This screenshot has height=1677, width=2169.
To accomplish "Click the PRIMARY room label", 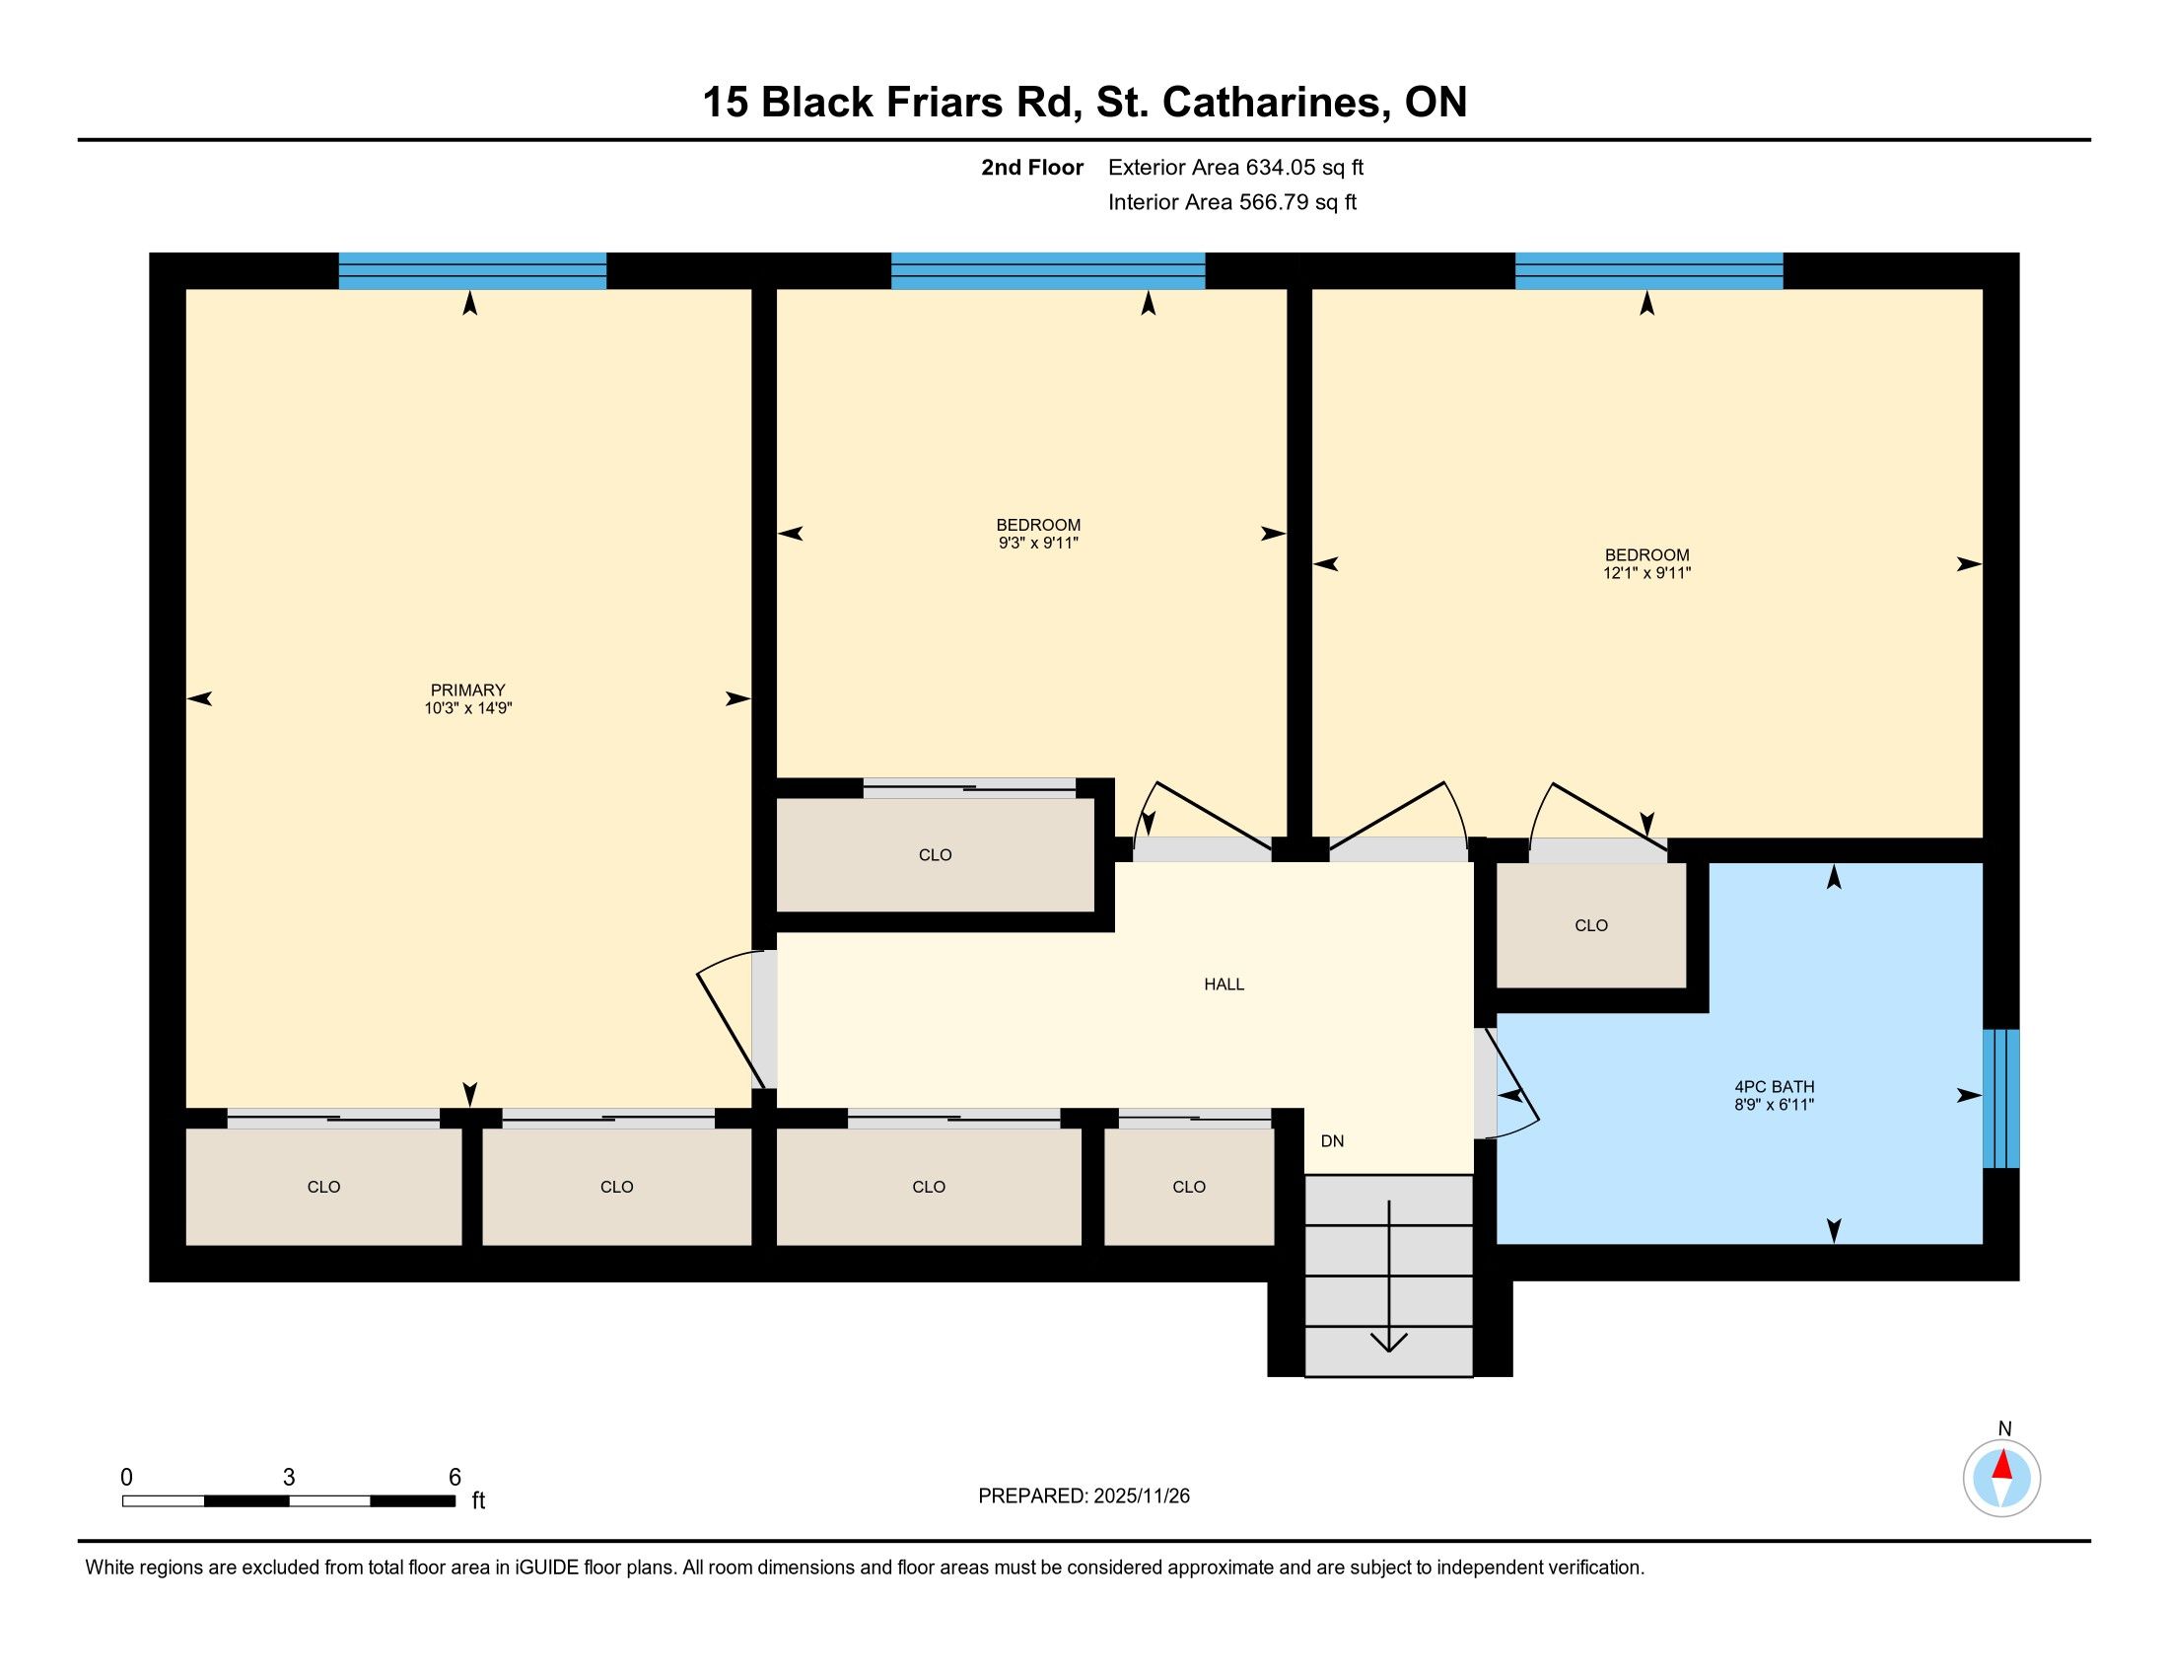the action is coord(467,690).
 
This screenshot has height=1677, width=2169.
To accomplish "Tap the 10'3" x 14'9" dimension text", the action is coord(467,708).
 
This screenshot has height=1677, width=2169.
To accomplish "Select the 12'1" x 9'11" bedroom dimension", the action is coord(1646,573).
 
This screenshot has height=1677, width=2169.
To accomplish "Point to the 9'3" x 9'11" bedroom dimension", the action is coord(1038,544).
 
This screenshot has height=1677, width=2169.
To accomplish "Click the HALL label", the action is coord(1224,984).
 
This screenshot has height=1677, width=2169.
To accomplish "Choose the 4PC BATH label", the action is coord(1775,1087).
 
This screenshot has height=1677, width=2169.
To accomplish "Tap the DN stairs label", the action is coord(1332,1141).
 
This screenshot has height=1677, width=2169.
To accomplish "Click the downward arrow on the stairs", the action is coord(1388,1276).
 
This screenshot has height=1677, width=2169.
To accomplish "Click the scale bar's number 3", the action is coord(289,1478).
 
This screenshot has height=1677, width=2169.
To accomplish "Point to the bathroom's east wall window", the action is coord(2001,1098).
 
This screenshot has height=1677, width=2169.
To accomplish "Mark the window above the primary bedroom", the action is coord(472,270).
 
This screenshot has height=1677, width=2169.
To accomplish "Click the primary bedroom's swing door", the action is coord(732,1018).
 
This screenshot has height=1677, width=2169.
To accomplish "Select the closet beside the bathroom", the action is coord(1591,925).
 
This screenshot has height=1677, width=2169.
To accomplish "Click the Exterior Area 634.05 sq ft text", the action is coord(1235,168).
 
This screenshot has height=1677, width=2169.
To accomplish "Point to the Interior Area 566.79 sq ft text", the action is coord(1232,202).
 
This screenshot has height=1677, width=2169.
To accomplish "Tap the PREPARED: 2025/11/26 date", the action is coord(1084,1496).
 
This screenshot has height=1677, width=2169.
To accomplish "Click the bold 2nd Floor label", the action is coord(1032,168).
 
